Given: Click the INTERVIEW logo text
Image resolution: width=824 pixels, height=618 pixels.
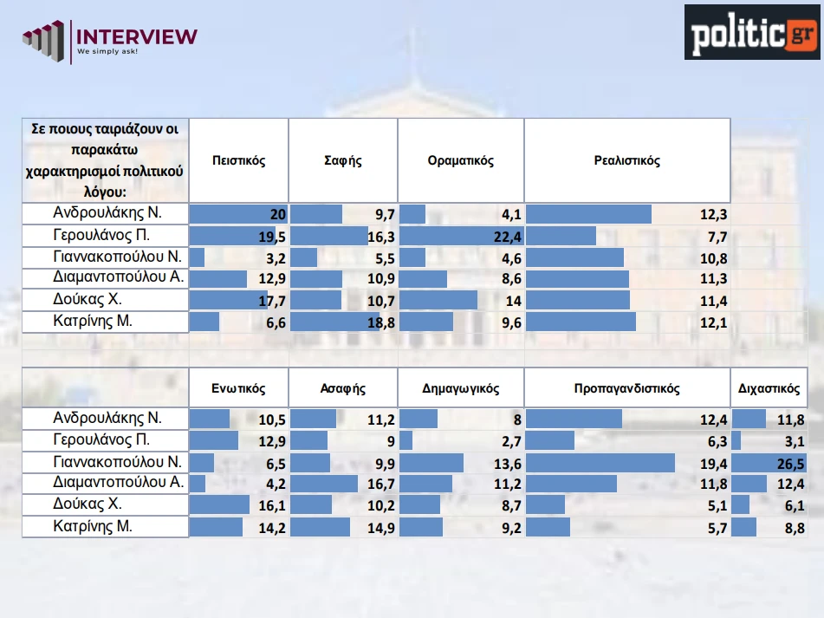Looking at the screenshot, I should (137, 36).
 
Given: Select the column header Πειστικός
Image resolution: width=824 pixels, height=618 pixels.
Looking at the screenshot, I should (238, 161).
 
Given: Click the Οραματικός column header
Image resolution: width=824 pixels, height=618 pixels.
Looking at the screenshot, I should (460, 161).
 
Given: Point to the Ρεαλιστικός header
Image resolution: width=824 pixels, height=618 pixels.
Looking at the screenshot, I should (627, 161).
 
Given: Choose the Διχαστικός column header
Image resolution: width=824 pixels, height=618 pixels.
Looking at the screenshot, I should (769, 389).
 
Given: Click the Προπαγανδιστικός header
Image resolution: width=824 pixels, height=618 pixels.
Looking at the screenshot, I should (626, 389).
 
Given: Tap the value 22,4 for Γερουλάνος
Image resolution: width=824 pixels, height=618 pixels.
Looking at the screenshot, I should (503, 237).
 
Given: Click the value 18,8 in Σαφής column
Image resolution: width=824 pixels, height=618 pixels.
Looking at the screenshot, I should (381, 322).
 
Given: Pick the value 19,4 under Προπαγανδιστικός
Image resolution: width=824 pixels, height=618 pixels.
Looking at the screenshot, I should (713, 463).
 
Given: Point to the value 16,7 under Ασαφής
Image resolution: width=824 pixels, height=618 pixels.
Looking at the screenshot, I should (381, 484).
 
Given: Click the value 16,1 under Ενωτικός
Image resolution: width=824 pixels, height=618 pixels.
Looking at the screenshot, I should (272, 505).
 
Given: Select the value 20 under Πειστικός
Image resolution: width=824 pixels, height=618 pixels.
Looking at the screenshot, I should (276, 215).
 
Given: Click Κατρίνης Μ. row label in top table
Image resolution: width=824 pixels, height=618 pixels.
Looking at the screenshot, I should (93, 322).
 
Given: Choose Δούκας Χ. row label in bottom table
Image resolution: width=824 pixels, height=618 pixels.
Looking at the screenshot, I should (88, 504).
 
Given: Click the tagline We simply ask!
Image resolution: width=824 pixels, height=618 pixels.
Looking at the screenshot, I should (107, 52).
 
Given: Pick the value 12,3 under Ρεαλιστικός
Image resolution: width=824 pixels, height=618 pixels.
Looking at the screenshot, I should (713, 215).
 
